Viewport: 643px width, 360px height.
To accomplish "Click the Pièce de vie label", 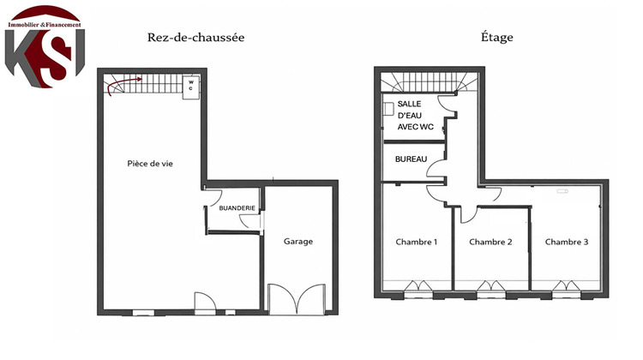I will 150,164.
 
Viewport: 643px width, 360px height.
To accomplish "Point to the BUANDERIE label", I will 236,207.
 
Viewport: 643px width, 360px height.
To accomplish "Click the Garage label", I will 297,241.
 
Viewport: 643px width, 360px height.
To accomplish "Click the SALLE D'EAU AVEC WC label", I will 415,115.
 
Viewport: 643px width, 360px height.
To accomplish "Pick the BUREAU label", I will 410,159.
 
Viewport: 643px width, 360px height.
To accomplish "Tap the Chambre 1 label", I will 416,242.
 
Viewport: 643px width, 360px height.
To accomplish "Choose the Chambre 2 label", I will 490,242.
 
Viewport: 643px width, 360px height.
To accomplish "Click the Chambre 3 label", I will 566,242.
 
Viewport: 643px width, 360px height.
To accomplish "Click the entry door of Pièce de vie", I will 205,303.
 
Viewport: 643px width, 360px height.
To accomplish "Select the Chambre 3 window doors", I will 567,287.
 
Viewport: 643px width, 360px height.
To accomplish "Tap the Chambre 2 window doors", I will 491,287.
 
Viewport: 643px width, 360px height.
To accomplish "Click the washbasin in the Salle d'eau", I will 389,110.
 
